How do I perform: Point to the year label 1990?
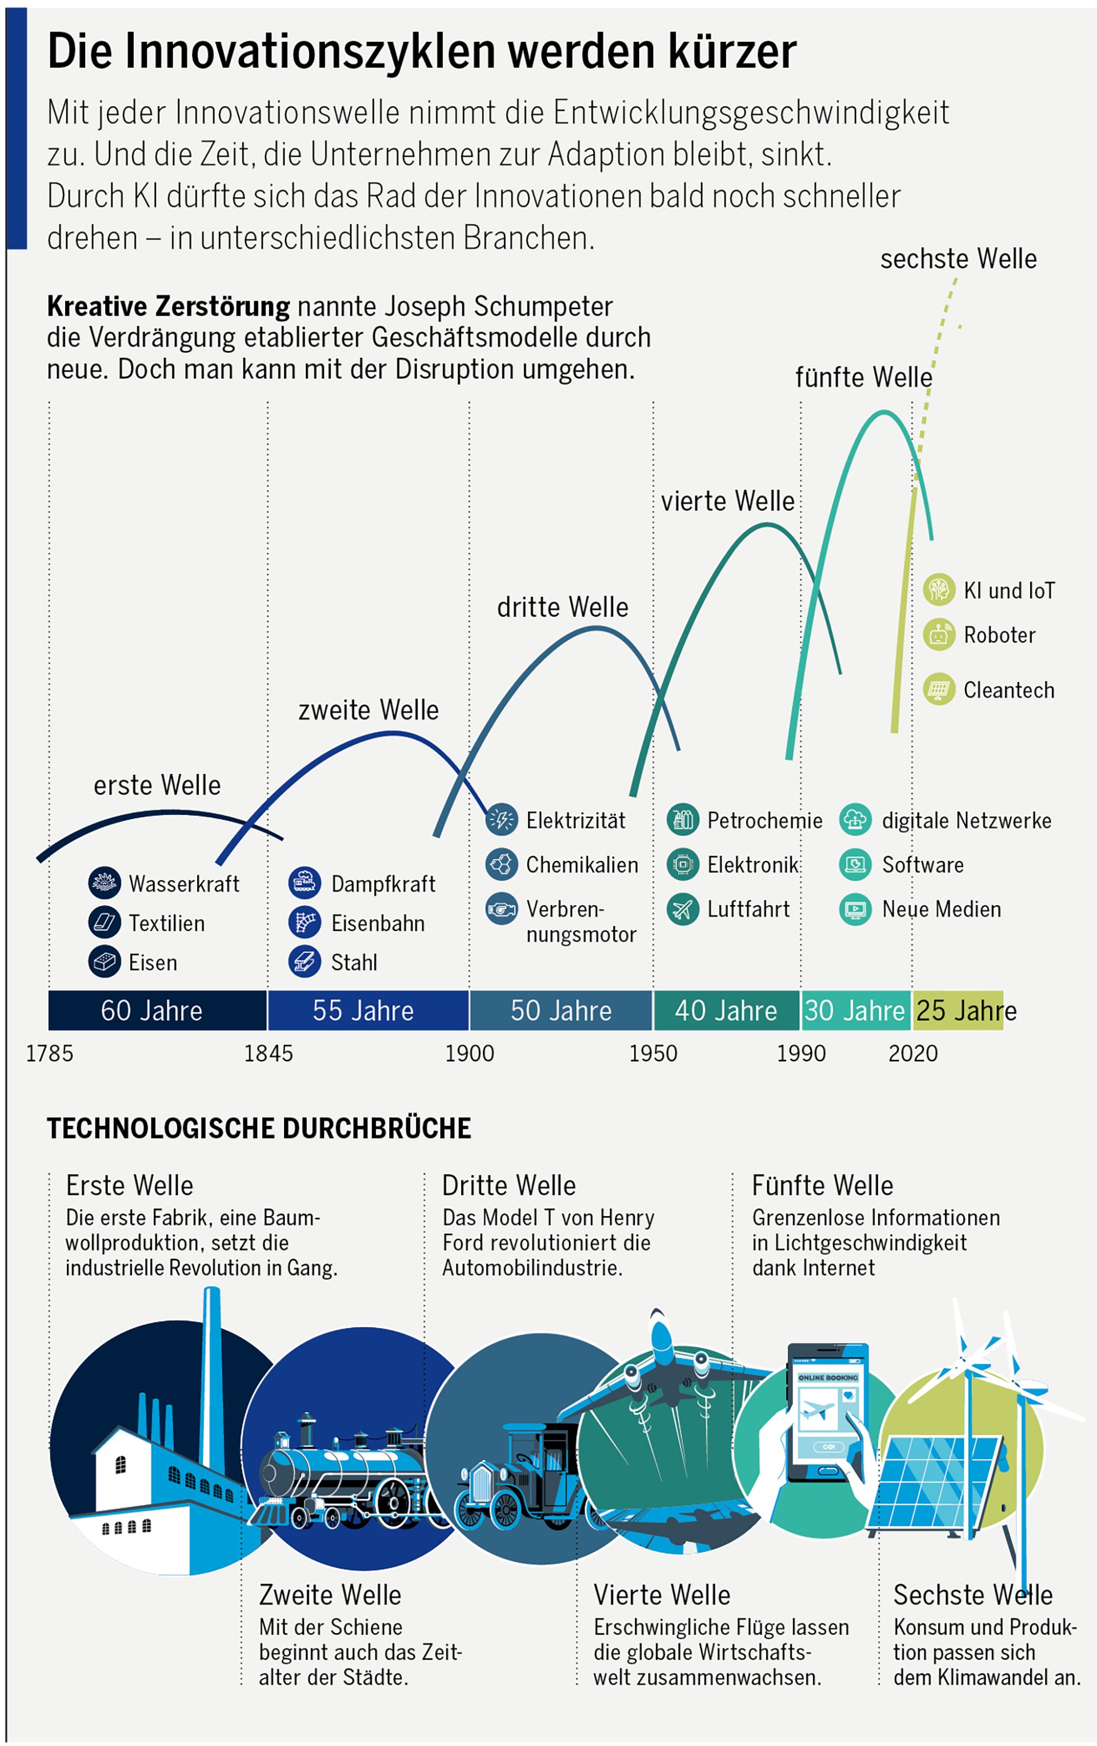pos(800,1053)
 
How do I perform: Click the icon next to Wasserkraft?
pos(105,883)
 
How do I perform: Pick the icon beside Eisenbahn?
pos(305,922)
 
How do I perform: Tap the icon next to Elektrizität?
pos(501,820)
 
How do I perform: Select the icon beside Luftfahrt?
pos(682,909)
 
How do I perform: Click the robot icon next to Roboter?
pos(938,634)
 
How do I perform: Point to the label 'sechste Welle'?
pos(958,258)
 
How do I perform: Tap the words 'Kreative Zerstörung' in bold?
pos(168,306)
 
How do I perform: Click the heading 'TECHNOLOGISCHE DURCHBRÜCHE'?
pos(259,1128)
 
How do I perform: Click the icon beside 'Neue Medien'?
pos(855,909)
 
